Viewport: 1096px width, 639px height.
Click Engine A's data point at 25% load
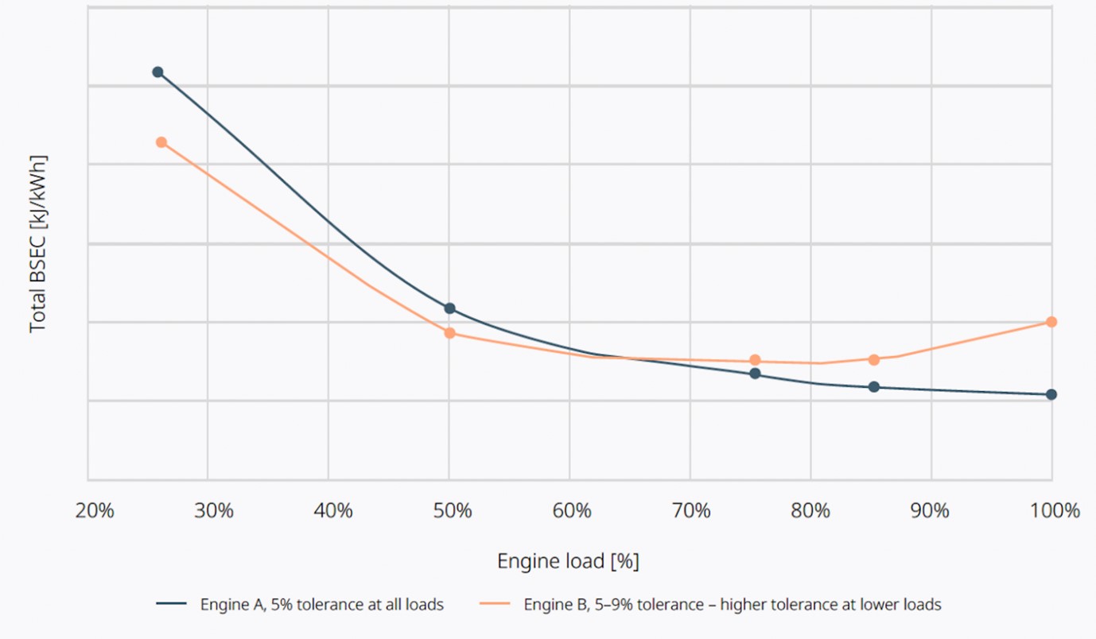point(157,72)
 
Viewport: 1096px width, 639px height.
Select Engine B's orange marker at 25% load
point(161,142)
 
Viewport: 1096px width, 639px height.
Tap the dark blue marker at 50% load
point(449,308)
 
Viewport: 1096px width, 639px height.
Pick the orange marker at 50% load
point(449,333)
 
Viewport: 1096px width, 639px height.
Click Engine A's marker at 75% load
point(755,374)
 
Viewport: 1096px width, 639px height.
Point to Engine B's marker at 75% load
point(755,360)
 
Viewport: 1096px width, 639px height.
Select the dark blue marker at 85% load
point(874,387)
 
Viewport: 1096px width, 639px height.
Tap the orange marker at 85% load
point(874,359)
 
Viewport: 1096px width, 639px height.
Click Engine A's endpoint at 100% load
point(1051,394)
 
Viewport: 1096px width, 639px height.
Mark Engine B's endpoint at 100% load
point(1051,322)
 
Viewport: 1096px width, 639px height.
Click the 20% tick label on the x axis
point(95,511)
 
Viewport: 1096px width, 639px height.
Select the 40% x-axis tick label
point(333,511)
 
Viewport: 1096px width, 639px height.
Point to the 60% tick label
point(572,511)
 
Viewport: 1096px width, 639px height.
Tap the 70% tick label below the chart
point(691,511)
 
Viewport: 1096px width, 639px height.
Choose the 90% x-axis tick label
point(930,511)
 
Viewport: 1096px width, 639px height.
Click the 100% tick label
point(1055,511)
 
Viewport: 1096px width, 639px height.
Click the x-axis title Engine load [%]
point(568,562)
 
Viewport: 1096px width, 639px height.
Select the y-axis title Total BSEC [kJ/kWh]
point(37,244)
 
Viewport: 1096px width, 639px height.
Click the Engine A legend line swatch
point(171,605)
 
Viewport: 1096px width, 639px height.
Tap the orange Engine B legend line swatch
point(494,605)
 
